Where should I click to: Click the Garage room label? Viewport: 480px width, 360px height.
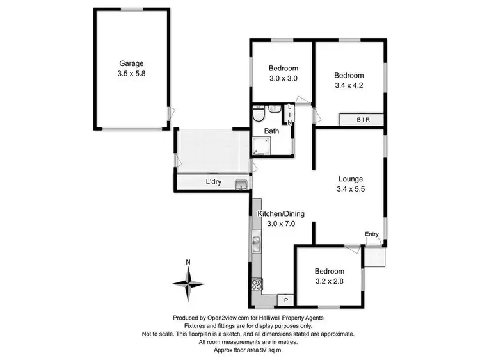coord(131,63)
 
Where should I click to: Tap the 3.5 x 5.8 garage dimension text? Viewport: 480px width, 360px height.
coord(131,74)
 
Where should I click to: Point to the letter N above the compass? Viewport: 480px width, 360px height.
coord(188,261)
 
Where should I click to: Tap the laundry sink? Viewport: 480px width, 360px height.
coord(241,185)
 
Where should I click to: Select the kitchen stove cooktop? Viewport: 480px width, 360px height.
coord(257,284)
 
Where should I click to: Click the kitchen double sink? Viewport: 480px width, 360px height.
coord(257,244)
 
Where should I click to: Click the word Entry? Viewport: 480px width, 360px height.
coord(372,234)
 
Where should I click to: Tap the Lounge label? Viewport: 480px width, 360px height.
coord(351,179)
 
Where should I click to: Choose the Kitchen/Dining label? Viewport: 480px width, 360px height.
coord(280,213)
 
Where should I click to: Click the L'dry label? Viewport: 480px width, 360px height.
coord(214,183)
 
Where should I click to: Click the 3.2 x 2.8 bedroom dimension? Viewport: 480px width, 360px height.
coord(330,281)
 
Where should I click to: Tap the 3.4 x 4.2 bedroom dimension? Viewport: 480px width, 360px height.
coord(349,84)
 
